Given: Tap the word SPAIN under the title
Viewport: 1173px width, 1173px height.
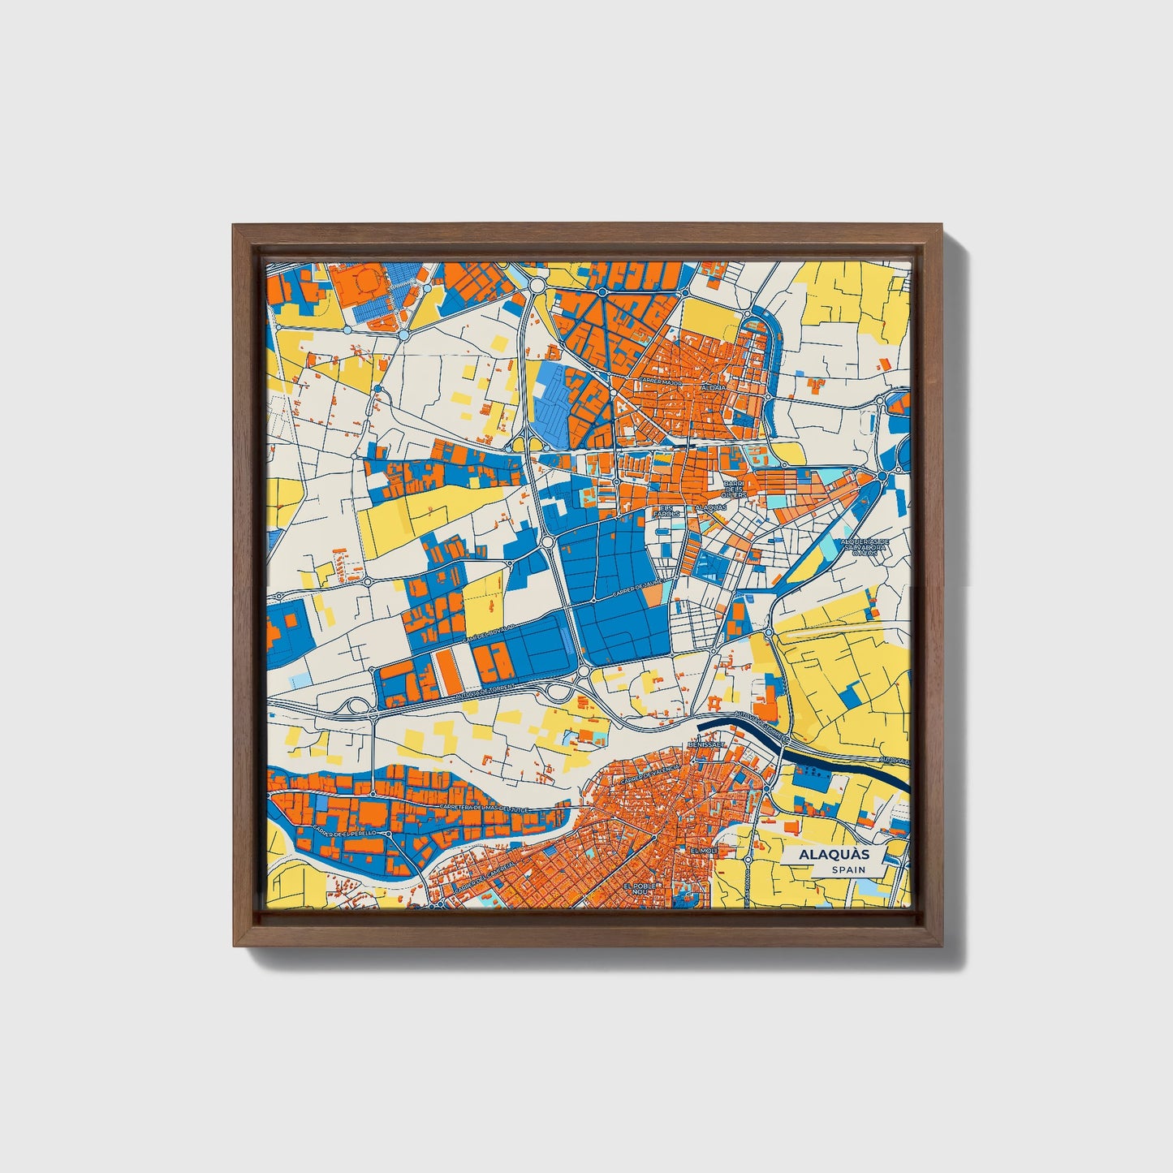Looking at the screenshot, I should [x=847, y=870].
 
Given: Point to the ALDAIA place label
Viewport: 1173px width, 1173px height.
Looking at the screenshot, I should [x=717, y=388].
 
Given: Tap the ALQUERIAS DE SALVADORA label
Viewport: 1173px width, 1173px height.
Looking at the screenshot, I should [x=865, y=546].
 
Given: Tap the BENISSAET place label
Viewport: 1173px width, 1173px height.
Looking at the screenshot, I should [x=705, y=744].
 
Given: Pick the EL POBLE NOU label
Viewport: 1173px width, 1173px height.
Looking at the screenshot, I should [x=643, y=890].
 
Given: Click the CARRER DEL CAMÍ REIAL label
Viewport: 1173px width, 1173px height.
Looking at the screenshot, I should [x=485, y=878].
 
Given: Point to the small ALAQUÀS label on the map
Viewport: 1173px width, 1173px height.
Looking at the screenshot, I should [x=711, y=507].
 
